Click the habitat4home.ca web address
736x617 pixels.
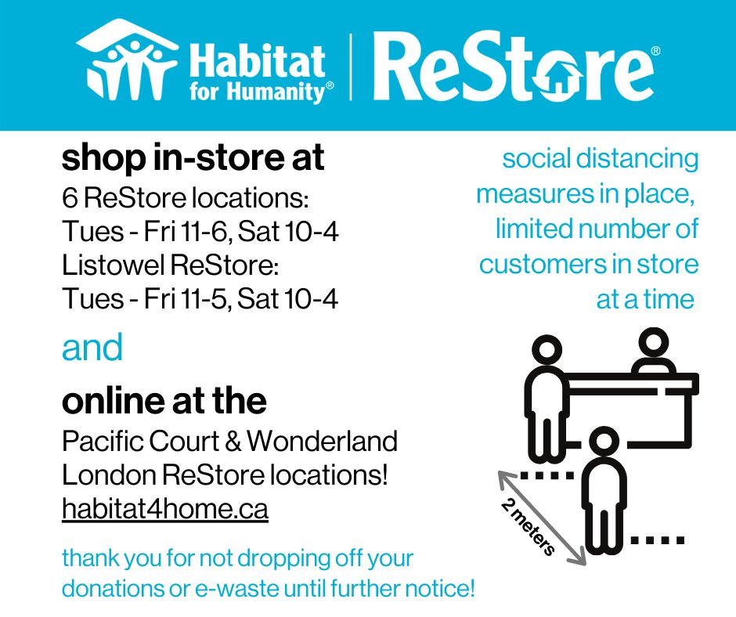(x=165, y=510)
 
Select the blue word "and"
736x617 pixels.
(x=92, y=348)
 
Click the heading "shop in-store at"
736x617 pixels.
(x=193, y=159)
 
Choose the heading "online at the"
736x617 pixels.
(x=164, y=401)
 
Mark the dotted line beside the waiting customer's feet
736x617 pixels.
(x=658, y=540)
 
